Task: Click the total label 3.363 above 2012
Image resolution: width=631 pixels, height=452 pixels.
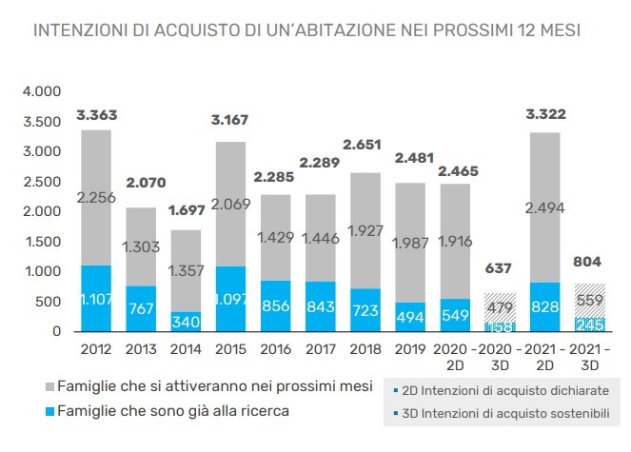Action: click(97, 115)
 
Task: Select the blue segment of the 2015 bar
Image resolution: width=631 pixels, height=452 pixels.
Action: click(227, 298)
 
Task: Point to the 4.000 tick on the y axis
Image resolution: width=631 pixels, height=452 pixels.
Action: click(42, 92)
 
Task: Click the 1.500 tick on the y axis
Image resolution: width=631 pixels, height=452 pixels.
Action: click(42, 242)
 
